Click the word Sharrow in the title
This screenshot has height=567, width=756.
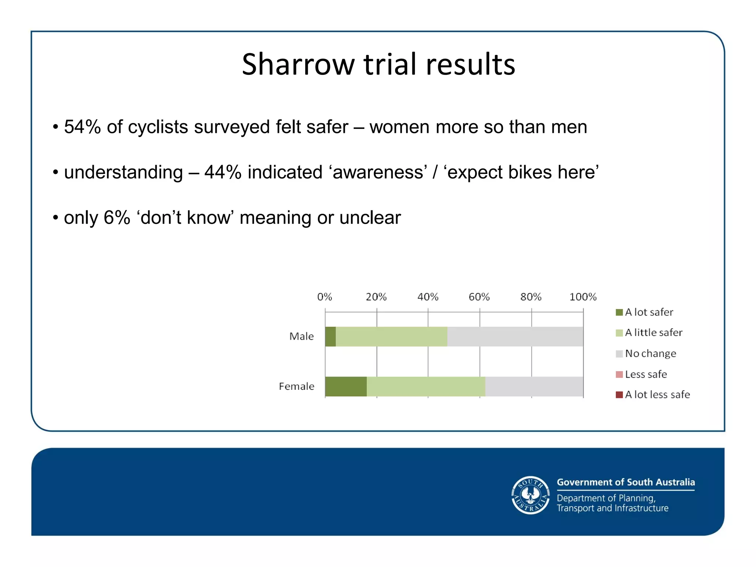(x=298, y=65)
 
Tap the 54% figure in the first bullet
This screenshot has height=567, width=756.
(x=82, y=127)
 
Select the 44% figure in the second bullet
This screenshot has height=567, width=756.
(x=223, y=172)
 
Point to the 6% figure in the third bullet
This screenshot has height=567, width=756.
(x=117, y=218)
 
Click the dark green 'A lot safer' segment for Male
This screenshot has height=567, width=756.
(x=330, y=336)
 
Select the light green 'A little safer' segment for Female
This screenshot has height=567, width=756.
(x=426, y=386)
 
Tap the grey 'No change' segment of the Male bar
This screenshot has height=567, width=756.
(x=515, y=336)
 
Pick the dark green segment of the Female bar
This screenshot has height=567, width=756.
(x=346, y=386)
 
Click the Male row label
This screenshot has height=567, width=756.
(x=301, y=336)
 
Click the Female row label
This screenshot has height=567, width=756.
(x=296, y=386)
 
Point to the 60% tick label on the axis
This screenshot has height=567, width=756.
(x=479, y=297)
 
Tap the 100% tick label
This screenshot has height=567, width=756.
(x=583, y=297)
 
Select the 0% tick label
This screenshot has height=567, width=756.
(x=324, y=297)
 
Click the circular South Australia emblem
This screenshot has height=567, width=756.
(x=530, y=495)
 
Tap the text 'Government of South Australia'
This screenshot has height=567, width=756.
(x=626, y=482)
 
